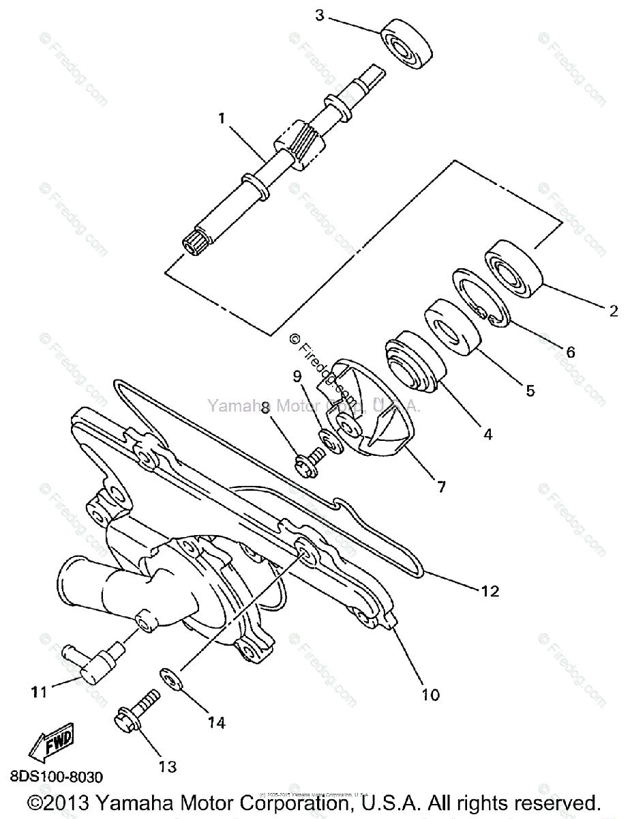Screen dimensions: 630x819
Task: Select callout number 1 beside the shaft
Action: (222, 118)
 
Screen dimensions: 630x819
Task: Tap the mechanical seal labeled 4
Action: (413, 362)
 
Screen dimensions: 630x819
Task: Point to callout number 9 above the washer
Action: (297, 376)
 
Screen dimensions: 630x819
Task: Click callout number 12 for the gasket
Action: (490, 590)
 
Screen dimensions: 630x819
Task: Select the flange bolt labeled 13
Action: (136, 710)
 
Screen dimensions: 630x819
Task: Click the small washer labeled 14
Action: (170, 678)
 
